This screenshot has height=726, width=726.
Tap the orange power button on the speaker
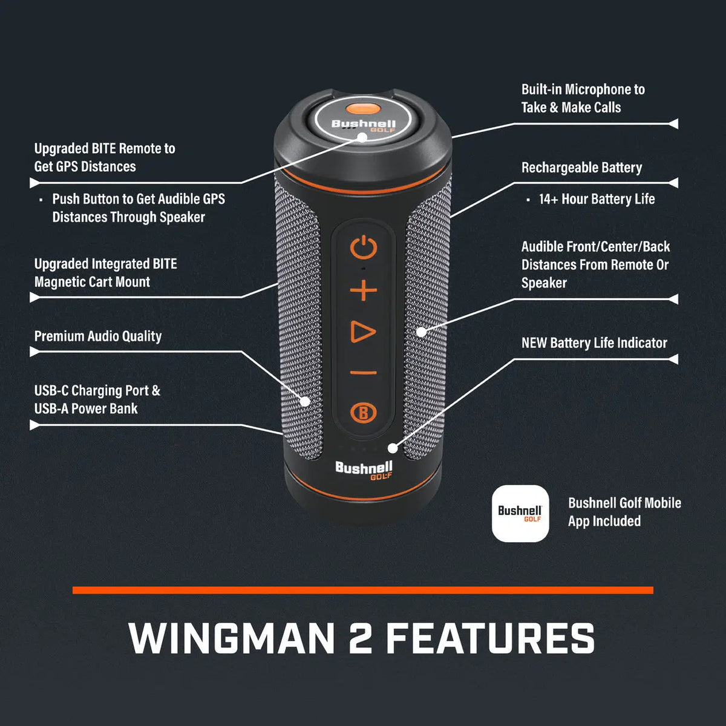[x=363, y=248]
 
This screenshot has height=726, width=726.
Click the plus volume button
[x=363, y=290]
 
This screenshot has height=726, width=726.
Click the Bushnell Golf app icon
[x=520, y=513]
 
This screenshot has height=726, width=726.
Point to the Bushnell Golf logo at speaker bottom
[x=364, y=469]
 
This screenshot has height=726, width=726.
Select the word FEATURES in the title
[x=490, y=638]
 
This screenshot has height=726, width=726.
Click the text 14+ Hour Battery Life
[x=597, y=199]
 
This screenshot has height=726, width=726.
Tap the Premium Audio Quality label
[x=98, y=336]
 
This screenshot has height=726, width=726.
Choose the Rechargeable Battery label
[x=581, y=168]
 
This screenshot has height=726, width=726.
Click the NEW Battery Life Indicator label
[x=594, y=343]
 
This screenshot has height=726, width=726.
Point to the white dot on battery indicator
[x=393, y=448]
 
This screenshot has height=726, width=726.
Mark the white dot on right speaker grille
[x=421, y=332]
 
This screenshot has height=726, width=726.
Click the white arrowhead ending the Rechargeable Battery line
[x=673, y=183]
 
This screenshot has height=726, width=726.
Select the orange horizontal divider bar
[x=363, y=590]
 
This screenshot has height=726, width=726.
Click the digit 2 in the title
[x=361, y=638]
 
